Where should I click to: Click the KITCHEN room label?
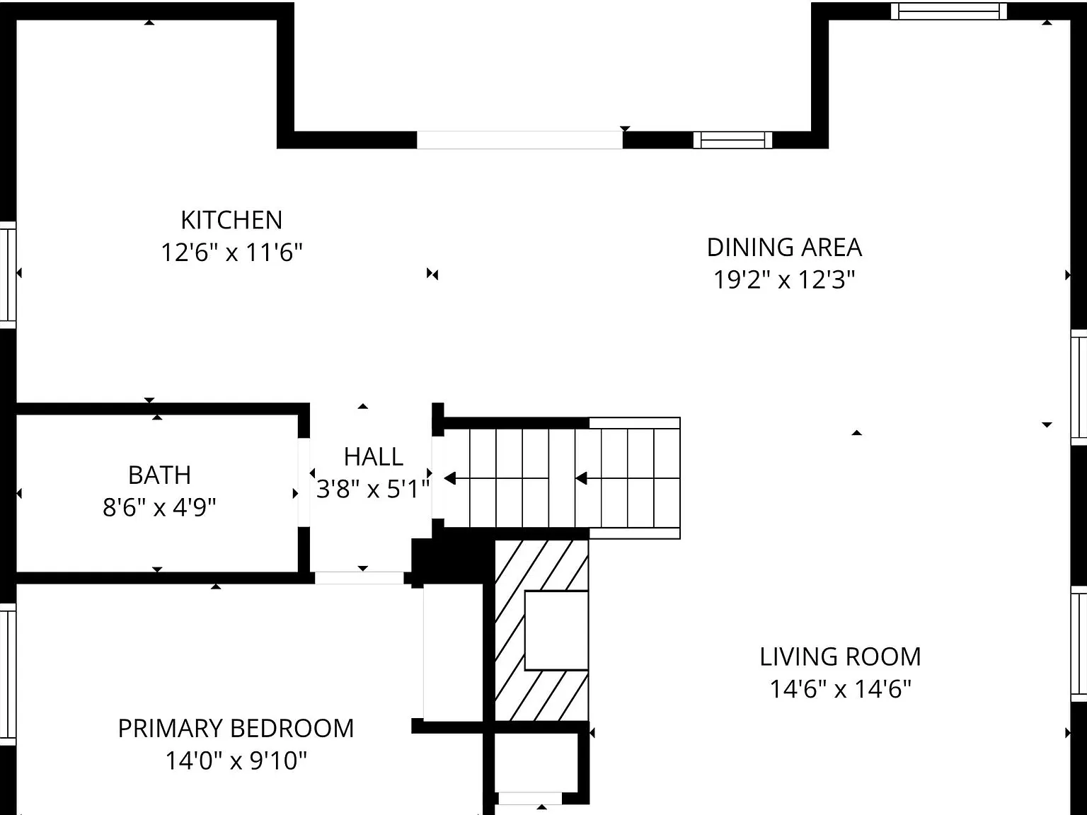tap(231, 220)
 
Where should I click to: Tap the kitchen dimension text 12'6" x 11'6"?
tap(231, 253)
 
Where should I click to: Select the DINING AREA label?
tap(784, 248)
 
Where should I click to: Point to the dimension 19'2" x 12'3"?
tap(784, 280)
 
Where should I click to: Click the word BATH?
tap(159, 475)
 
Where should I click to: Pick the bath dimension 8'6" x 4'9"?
tap(159, 507)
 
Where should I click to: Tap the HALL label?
tap(373, 457)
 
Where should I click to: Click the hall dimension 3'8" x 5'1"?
tap(373, 489)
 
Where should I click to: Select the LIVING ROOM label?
tap(840, 657)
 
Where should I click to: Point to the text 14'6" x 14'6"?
tap(840, 689)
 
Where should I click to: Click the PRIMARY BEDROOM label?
tap(236, 729)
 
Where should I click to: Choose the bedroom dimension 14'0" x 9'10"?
tap(236, 761)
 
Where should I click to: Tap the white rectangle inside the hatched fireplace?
tap(556, 630)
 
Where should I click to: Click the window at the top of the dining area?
tap(948, 11)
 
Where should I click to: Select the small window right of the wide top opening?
tap(732, 140)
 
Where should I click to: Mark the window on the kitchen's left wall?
tap(7, 274)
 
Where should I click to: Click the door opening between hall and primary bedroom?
tap(360, 578)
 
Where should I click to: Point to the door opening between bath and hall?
tap(304, 482)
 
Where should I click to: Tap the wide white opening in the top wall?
tap(519, 140)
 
